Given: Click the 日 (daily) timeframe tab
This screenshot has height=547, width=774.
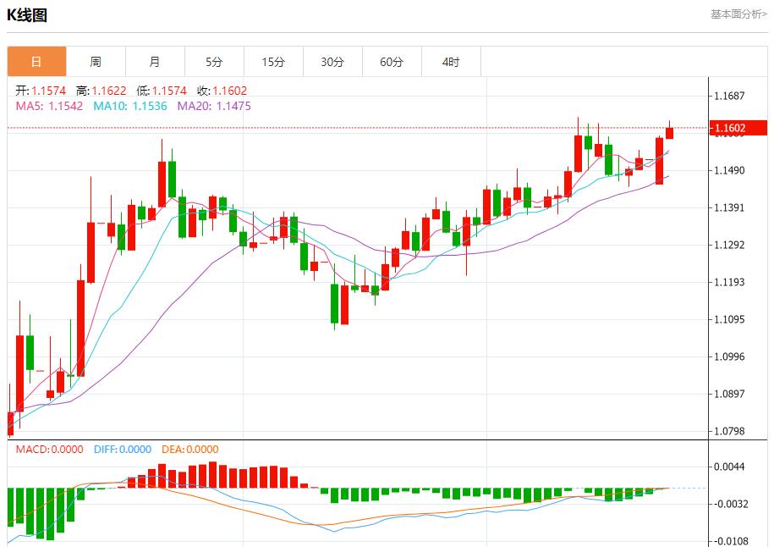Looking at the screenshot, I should pyautogui.click(x=36, y=62).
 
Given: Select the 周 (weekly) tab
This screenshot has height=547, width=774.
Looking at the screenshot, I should pyautogui.click(x=96, y=62).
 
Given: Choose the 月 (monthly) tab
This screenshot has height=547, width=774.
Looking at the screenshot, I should pyautogui.click(x=155, y=62).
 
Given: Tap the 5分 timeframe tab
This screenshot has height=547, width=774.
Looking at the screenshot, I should pyautogui.click(x=214, y=62).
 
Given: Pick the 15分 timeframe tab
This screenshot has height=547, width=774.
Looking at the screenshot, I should pyautogui.click(x=273, y=62).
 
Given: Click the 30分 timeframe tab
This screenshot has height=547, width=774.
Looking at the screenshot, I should pyautogui.click(x=332, y=62).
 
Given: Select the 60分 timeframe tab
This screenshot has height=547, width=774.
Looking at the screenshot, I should pyautogui.click(x=392, y=62).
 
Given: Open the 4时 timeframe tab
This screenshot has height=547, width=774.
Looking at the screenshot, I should pyautogui.click(x=451, y=62).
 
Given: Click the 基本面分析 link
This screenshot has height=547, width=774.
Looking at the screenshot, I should pyautogui.click(x=738, y=14).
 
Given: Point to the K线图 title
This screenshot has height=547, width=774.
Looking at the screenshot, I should pyautogui.click(x=27, y=14).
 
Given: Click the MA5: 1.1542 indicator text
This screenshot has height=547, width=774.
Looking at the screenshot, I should pyautogui.click(x=49, y=106).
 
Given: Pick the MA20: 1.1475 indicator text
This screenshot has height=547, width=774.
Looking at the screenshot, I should pyautogui.click(x=214, y=106).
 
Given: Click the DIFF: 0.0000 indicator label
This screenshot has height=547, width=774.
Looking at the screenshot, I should pyautogui.click(x=122, y=450).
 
